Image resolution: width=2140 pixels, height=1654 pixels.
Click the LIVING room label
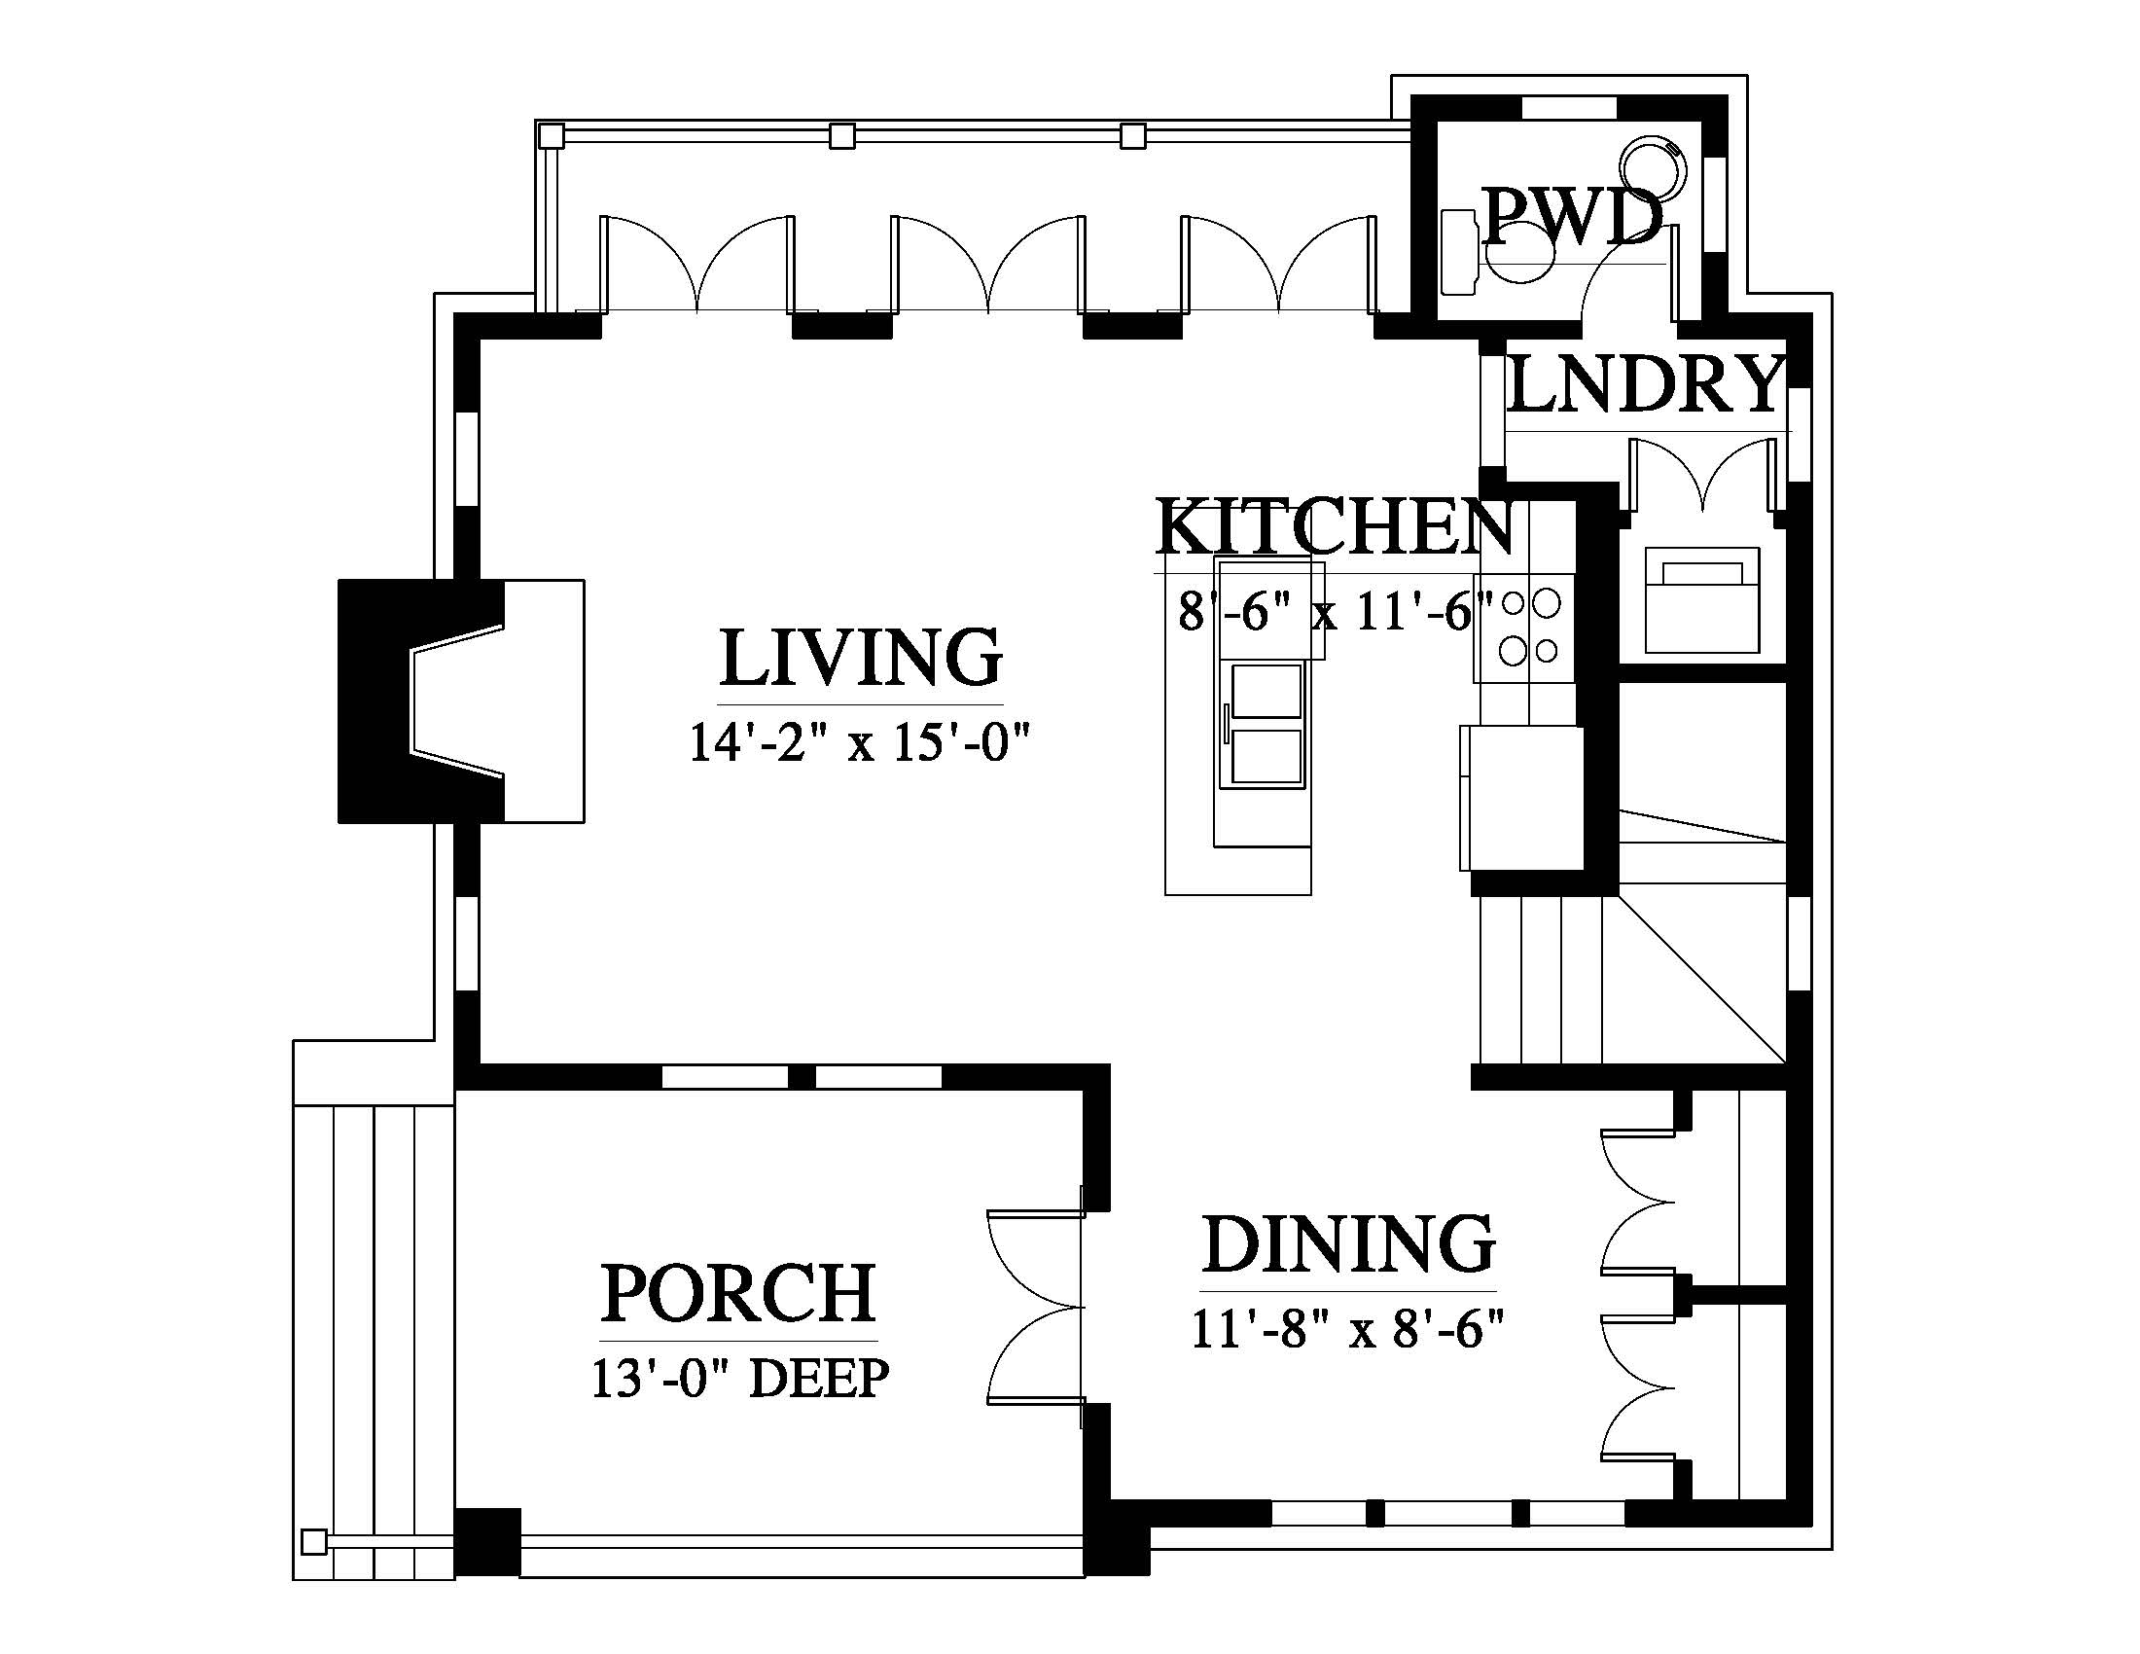click(860, 658)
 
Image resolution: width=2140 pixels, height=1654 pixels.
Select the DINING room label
click(1348, 1244)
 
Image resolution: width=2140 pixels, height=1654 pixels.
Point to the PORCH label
click(738, 1293)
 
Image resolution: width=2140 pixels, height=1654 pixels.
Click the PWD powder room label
click(1571, 217)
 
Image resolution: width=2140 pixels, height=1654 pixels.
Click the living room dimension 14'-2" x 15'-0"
click(861, 741)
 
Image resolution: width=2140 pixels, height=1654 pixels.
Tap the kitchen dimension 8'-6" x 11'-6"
click(1335, 611)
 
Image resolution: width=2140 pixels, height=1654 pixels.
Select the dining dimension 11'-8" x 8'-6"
click(1347, 1330)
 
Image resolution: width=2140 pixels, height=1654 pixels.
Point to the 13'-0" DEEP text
click(740, 1378)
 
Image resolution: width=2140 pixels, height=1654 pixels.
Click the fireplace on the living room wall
click(460, 701)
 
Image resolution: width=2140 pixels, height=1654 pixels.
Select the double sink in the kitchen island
click(1266, 723)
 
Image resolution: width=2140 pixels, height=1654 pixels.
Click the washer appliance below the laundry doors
click(1702, 600)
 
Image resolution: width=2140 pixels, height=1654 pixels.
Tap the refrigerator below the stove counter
click(1520, 798)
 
